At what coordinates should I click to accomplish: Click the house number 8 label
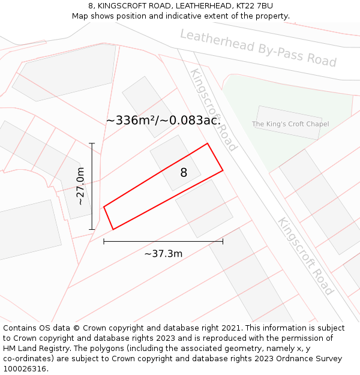[x=184, y=173]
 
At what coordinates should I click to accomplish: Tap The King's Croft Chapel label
[x=290, y=124]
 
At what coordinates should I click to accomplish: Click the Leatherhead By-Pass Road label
[x=258, y=49]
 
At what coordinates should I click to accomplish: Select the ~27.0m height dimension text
[x=80, y=186]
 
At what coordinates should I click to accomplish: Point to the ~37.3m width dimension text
[x=163, y=254]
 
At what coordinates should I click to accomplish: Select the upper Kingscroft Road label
[x=214, y=109]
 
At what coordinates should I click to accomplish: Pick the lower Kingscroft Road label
[x=305, y=256]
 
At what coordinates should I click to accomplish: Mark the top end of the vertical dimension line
[x=92, y=143]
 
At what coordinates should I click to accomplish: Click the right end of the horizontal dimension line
[x=223, y=241]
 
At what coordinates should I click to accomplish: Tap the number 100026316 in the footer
[x=25, y=369]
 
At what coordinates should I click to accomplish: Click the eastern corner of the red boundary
[x=223, y=170]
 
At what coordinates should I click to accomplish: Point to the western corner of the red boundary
[x=104, y=207]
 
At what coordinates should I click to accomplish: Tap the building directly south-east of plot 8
[x=204, y=208]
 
